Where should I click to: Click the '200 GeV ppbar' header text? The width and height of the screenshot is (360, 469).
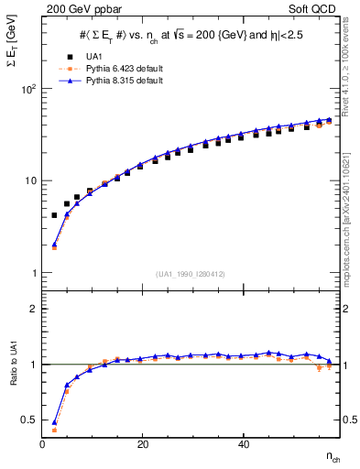point(80,8)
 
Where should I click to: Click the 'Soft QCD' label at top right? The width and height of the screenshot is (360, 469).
point(316,8)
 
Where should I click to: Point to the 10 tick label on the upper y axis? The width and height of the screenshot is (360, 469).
point(29,181)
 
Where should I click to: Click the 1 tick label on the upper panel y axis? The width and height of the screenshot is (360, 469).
point(33,273)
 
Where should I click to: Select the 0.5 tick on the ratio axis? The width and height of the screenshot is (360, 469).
point(28,420)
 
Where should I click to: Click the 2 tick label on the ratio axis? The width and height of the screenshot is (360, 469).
point(33,309)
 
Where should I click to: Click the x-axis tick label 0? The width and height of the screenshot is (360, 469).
point(43,445)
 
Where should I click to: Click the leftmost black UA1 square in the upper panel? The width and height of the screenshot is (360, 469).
point(54,215)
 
